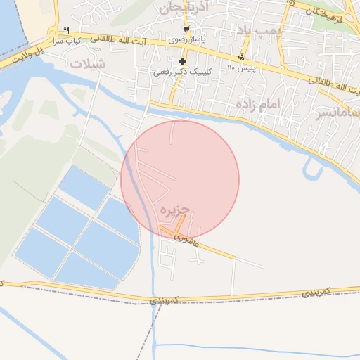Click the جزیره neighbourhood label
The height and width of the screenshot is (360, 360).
[175, 210]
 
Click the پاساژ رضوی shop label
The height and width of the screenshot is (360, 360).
[188, 39]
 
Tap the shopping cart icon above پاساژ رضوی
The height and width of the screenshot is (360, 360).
[186, 29]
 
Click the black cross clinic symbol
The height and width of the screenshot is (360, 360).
[182, 61]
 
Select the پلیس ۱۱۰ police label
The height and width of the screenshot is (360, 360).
[241, 68]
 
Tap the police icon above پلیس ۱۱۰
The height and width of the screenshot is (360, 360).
[242, 58]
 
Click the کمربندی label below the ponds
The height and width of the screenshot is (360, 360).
[165, 300]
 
